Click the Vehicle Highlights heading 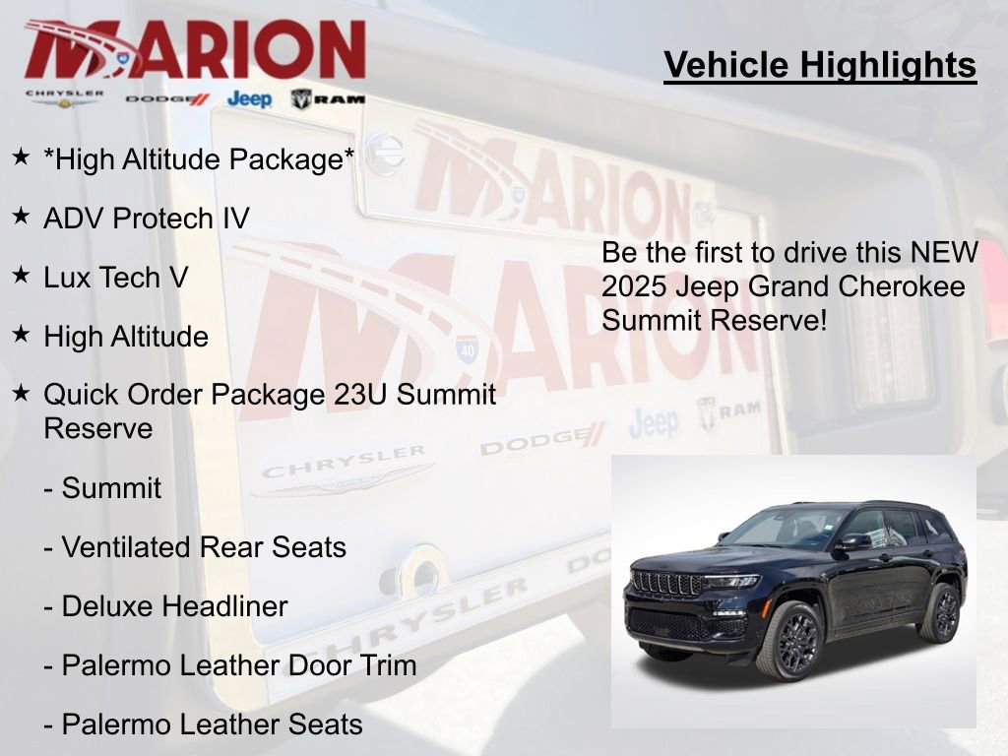pyautogui.click(x=820, y=65)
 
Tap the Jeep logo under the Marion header pyautogui.click(x=249, y=98)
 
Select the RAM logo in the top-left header pyautogui.click(x=328, y=98)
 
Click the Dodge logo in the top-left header pyautogui.click(x=167, y=98)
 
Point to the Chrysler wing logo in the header pyautogui.click(x=64, y=98)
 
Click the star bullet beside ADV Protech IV pyautogui.click(x=21, y=216)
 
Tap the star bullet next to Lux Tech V pyautogui.click(x=21, y=275)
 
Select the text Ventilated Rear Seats pyautogui.click(x=204, y=547)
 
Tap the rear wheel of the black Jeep pyautogui.click(x=942, y=612)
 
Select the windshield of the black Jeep pyautogui.click(x=785, y=527)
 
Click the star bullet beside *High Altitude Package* pyautogui.click(x=21, y=157)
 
